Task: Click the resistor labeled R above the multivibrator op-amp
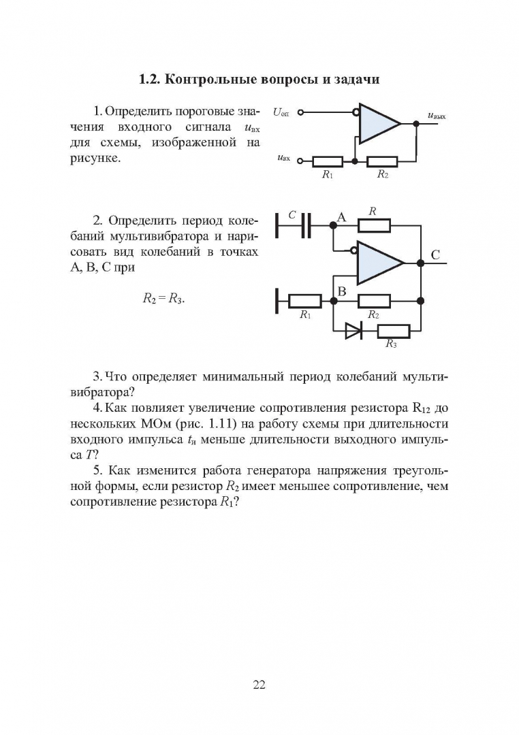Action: (373, 225)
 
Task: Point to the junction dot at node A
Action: (332, 225)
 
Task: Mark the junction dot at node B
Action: (332, 300)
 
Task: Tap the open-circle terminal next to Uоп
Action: (301, 113)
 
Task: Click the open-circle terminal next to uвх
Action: (301, 162)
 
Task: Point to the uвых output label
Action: (436, 116)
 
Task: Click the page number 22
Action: (259, 685)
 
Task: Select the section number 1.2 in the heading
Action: (148, 79)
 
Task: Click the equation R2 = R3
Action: (163, 298)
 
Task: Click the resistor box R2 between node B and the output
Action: (373, 300)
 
